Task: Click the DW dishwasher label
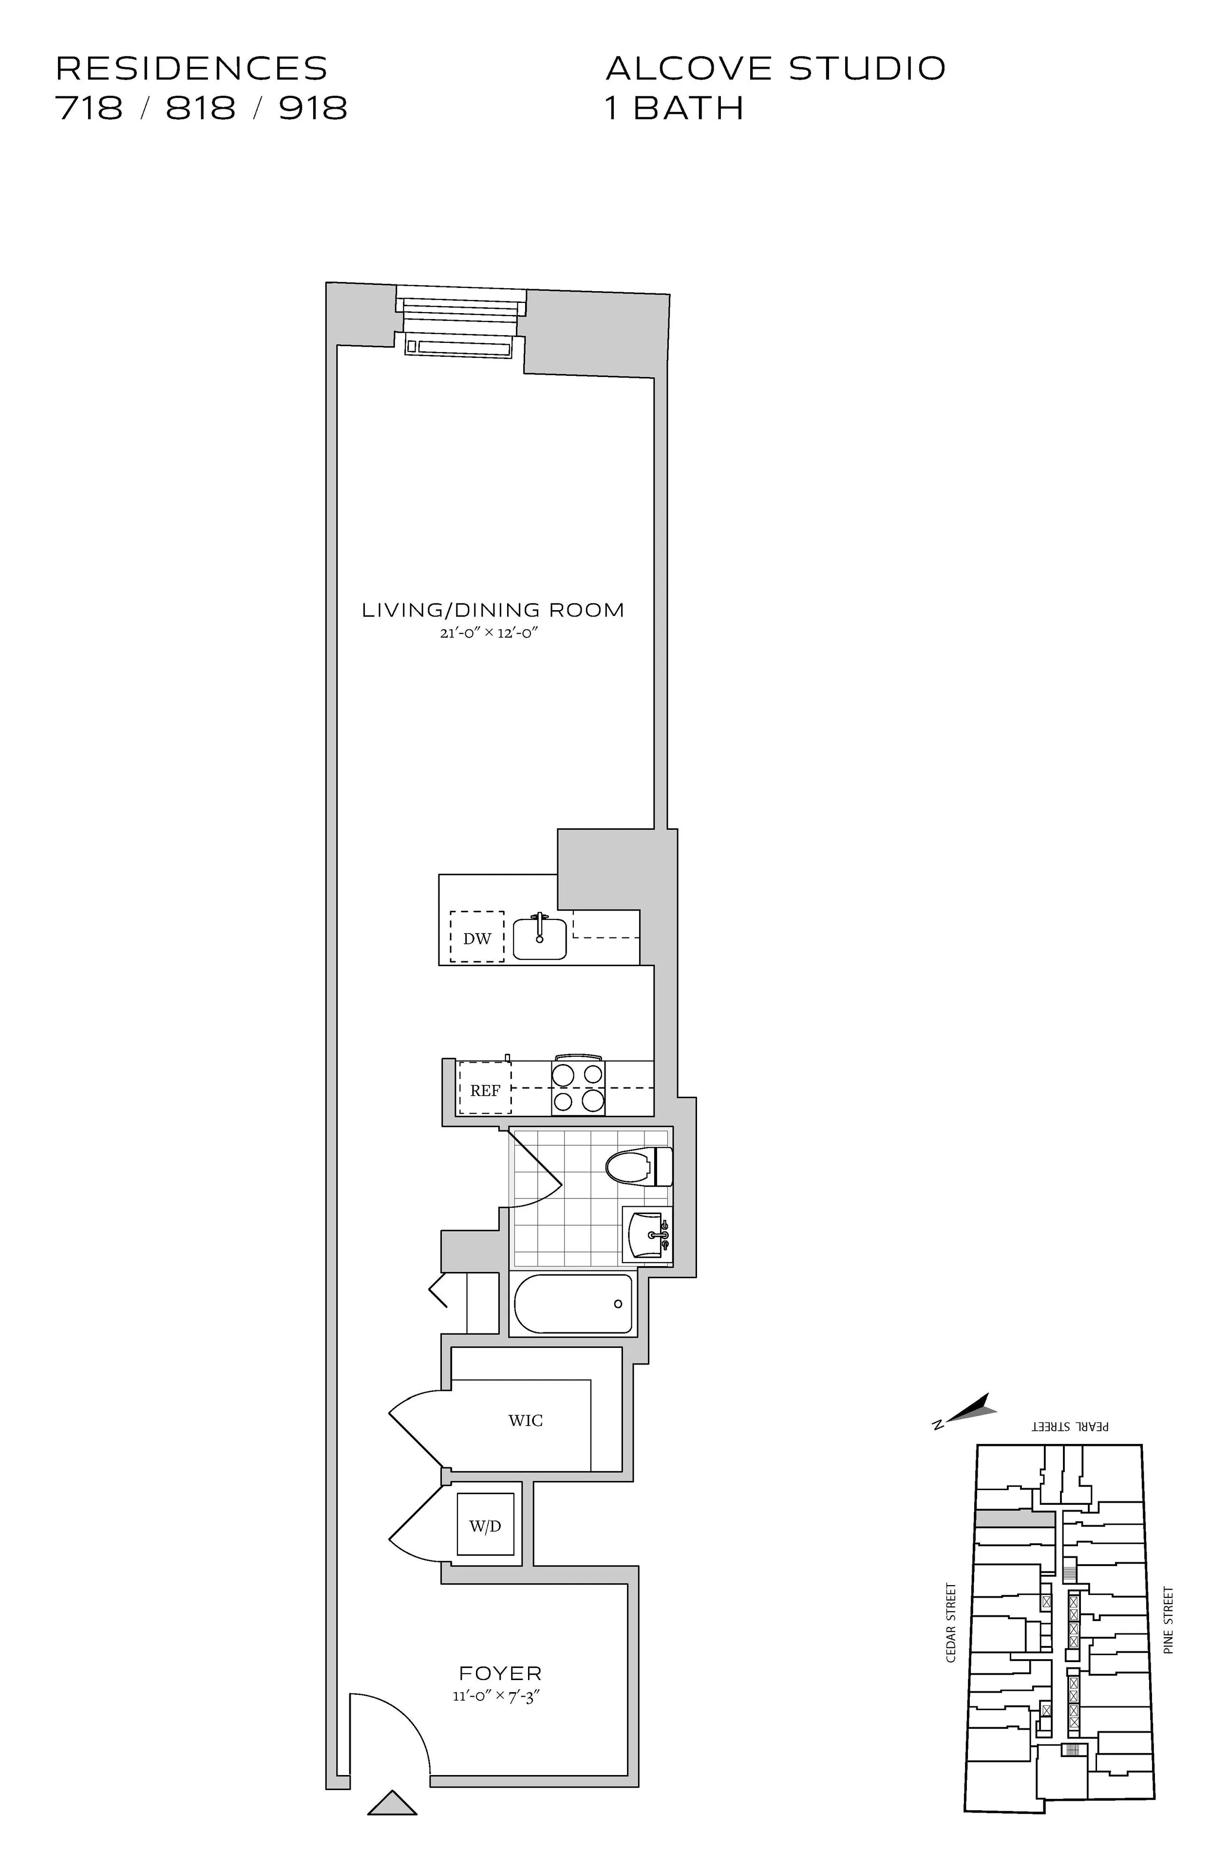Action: pyautogui.click(x=477, y=938)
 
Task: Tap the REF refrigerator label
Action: pyautogui.click(x=485, y=1090)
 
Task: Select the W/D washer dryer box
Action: pyautogui.click(x=485, y=1526)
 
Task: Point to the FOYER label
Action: pyautogui.click(x=500, y=1674)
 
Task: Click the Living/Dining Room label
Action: pyautogui.click(x=492, y=610)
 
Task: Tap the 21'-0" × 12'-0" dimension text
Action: pyautogui.click(x=492, y=633)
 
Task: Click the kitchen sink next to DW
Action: pyautogui.click(x=540, y=938)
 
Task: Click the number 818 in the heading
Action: pyautogui.click(x=201, y=109)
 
